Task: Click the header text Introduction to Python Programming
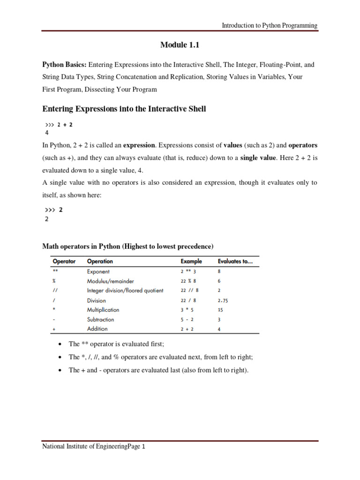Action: [270, 26]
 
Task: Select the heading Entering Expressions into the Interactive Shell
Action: [124, 109]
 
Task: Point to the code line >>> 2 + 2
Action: [59, 125]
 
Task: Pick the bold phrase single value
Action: [258, 158]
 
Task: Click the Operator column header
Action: [64, 261]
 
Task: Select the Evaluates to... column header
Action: [235, 261]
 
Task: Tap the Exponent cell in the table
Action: [98, 271]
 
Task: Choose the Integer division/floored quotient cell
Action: [125, 291]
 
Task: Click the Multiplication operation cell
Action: [103, 310]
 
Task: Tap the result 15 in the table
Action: [221, 310]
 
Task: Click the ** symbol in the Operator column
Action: [55, 271]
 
